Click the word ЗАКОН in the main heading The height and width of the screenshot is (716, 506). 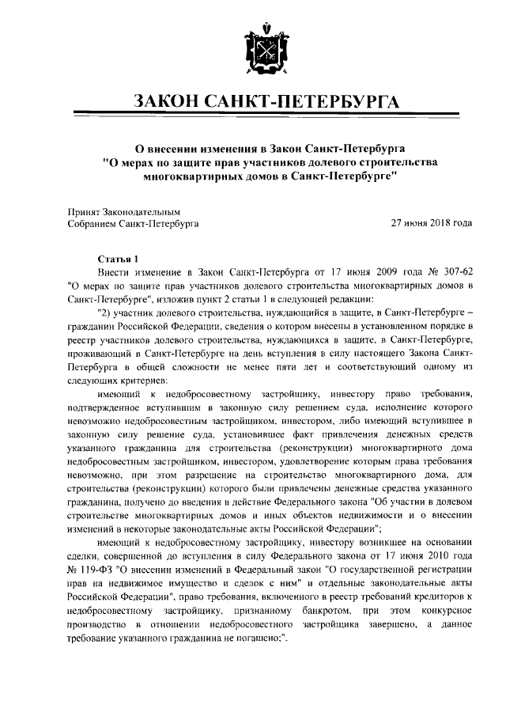(x=168, y=102)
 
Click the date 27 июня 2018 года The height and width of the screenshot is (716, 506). (x=432, y=224)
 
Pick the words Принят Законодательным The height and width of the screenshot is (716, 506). (x=125, y=212)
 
